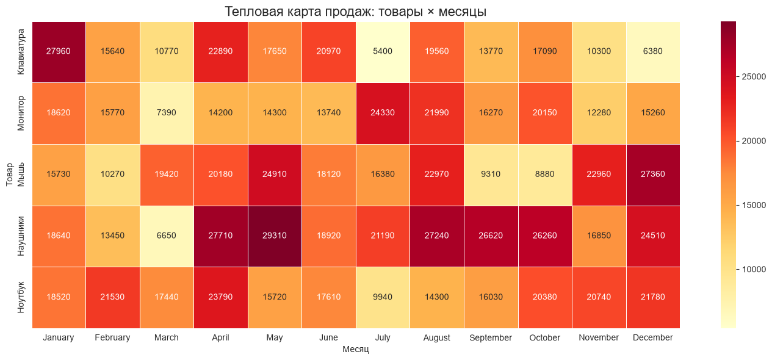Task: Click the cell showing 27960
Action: pyautogui.click(x=59, y=52)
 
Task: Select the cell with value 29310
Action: pyautogui.click(x=275, y=236)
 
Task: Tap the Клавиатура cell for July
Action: pyautogui.click(x=383, y=52)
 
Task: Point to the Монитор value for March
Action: pyautogui.click(x=167, y=113)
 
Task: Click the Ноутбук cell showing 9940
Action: pyautogui.click(x=383, y=298)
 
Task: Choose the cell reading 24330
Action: pyautogui.click(x=383, y=113)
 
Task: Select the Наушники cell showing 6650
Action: pyautogui.click(x=167, y=236)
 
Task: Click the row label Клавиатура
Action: pyautogui.click(x=21, y=52)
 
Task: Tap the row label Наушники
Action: pyautogui.click(x=21, y=236)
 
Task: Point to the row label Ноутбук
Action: pyautogui.click(x=21, y=298)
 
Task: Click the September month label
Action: pyautogui.click(x=491, y=337)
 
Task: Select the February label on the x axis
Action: pyautogui.click(x=112, y=337)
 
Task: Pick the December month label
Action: pyautogui.click(x=653, y=337)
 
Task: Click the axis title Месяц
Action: pyautogui.click(x=356, y=349)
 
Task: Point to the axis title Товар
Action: pyautogui.click(x=9, y=175)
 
